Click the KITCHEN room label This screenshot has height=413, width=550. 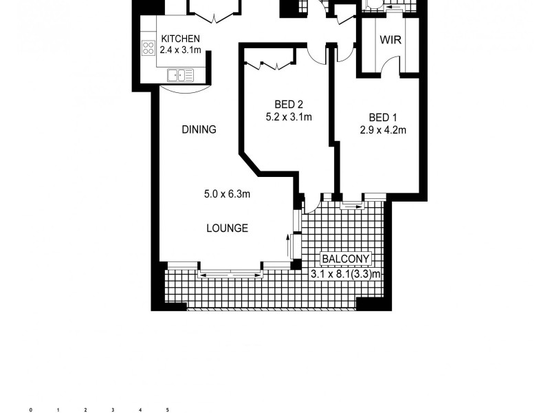(180, 39)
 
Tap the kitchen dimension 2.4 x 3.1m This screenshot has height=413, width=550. (180, 50)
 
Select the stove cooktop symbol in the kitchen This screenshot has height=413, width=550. (148, 47)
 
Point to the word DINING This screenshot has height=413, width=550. (199, 129)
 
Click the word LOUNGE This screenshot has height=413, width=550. (228, 229)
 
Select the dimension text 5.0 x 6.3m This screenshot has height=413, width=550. (227, 194)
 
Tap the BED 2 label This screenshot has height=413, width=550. (289, 105)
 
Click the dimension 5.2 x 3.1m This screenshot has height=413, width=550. (289, 117)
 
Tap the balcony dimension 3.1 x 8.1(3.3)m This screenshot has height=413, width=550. (346, 273)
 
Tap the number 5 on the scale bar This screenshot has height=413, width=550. (168, 410)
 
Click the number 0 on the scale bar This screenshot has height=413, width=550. (30, 410)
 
